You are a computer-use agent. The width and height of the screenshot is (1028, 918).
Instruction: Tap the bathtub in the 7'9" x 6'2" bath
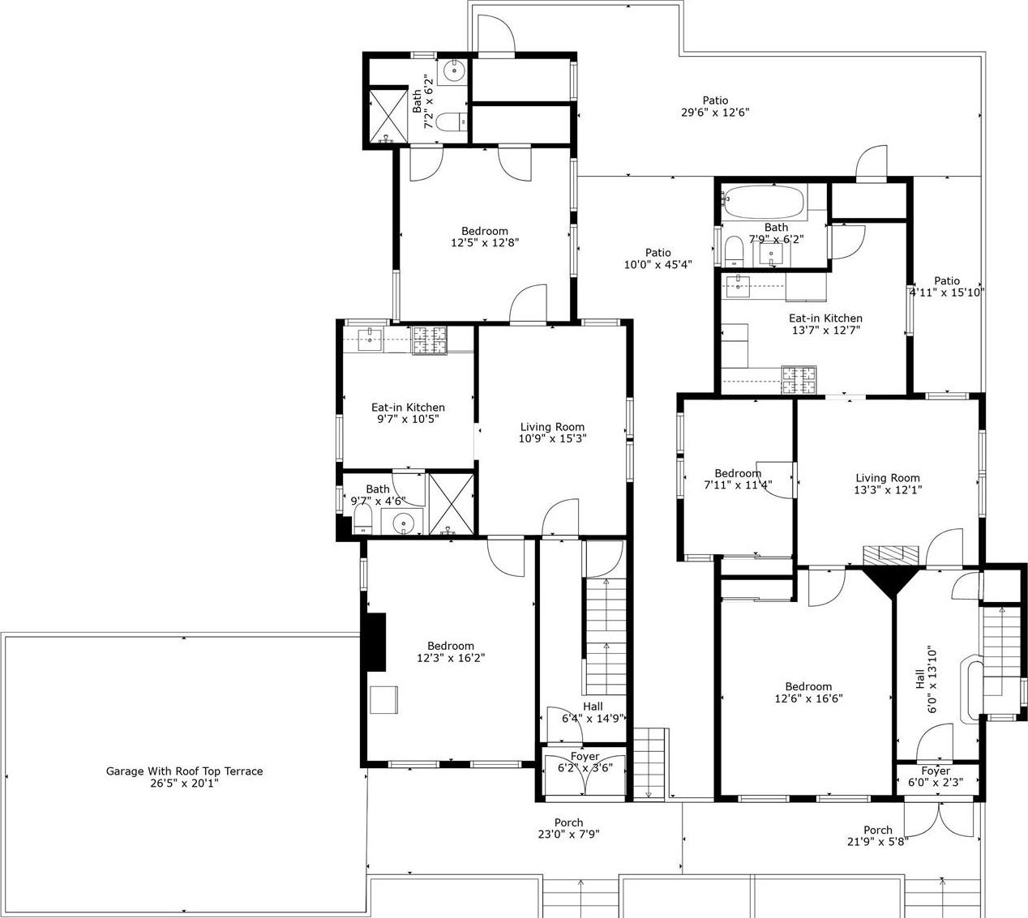tap(763, 201)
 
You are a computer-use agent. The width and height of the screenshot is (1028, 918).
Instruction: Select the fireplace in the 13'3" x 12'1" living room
tap(890, 555)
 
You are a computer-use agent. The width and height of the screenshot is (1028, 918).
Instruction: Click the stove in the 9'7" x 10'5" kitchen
tap(430, 340)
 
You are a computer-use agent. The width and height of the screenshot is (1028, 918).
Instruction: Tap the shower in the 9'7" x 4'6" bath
tap(450, 503)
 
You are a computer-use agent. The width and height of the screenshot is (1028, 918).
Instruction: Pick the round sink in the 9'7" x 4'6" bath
tap(403, 524)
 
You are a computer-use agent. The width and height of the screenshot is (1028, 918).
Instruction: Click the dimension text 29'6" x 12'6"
tap(714, 113)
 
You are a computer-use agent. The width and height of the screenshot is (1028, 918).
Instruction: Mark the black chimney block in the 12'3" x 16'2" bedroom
tap(375, 642)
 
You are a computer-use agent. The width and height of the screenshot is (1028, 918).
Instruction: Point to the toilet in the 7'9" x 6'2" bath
tap(734, 250)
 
